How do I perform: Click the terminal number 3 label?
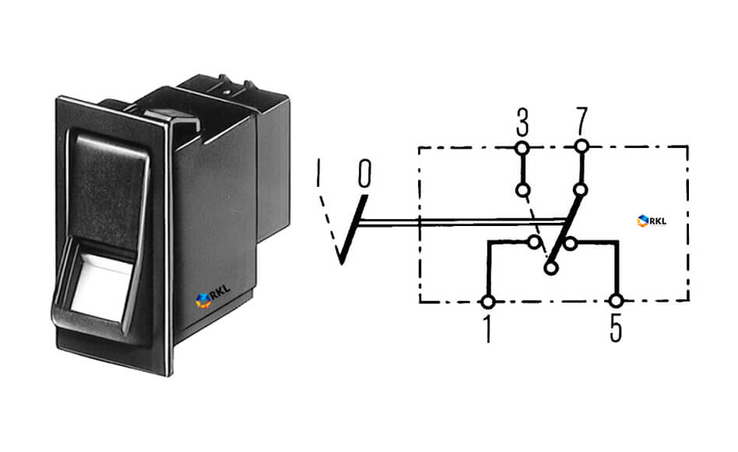(x=522, y=122)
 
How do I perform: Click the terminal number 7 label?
(x=582, y=121)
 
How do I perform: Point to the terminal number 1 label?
(x=487, y=329)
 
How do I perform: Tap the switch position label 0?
(x=364, y=173)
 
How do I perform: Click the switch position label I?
(x=318, y=171)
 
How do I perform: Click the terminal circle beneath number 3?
(x=522, y=149)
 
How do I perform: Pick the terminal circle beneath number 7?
(x=582, y=147)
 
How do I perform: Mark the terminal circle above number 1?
(x=488, y=302)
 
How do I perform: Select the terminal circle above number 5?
(x=616, y=300)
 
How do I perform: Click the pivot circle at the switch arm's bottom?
(x=550, y=268)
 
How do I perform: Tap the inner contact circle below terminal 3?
(x=523, y=190)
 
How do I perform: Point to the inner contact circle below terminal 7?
(x=581, y=190)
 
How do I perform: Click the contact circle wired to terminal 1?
(x=534, y=242)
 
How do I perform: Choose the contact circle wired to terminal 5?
(x=571, y=244)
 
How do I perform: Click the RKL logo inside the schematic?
(x=652, y=221)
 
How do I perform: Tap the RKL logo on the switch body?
(x=213, y=297)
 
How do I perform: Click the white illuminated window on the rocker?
(x=101, y=288)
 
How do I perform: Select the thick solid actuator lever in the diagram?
(x=353, y=230)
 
